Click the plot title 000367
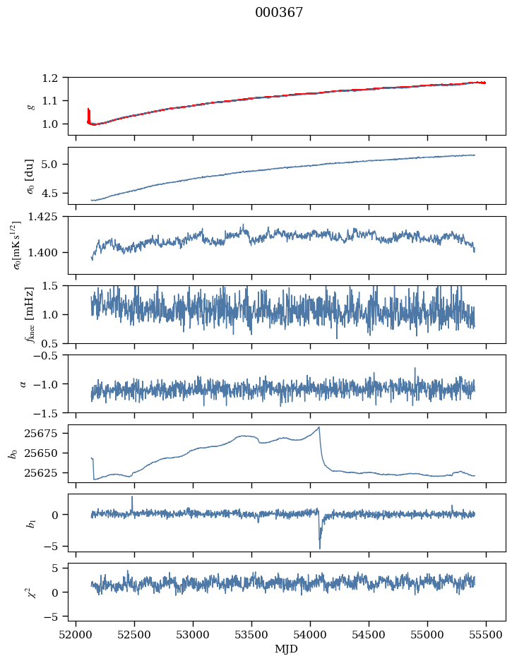(279, 13)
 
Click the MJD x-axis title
(287, 649)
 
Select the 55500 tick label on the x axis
(485, 633)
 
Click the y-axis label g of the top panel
(30, 106)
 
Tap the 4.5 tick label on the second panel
(56, 193)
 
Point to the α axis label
(23, 383)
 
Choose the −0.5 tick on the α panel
(51, 355)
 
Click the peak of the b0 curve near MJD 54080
(319, 427)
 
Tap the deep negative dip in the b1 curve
(319, 547)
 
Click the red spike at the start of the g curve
(88, 112)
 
